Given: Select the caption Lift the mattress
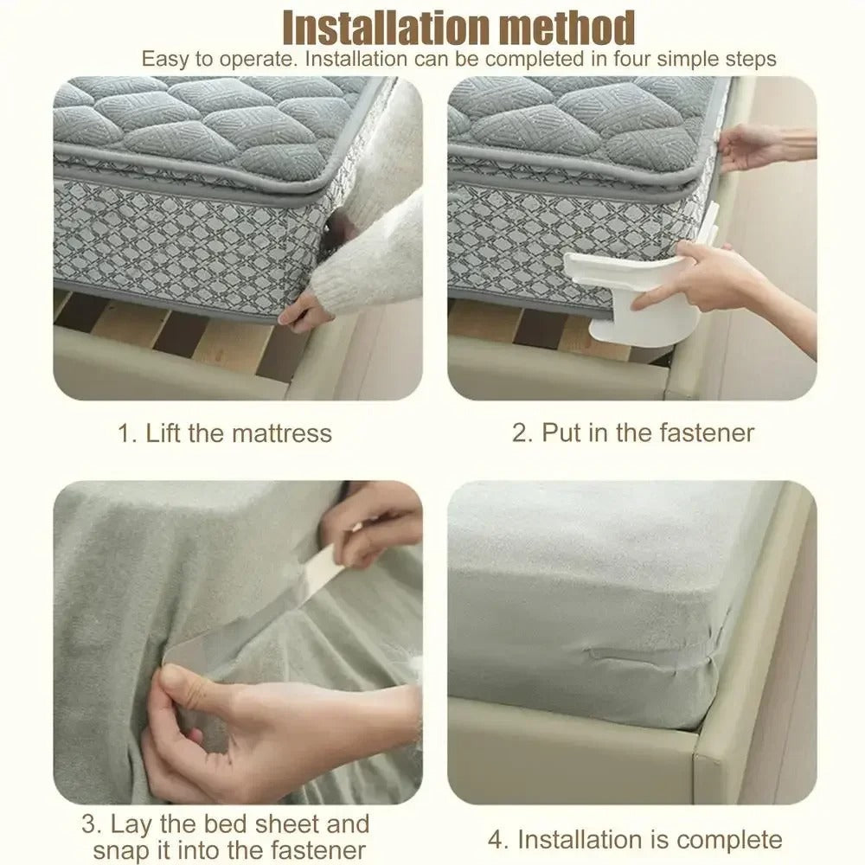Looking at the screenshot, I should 238,432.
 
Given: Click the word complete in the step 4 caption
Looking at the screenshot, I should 729,839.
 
